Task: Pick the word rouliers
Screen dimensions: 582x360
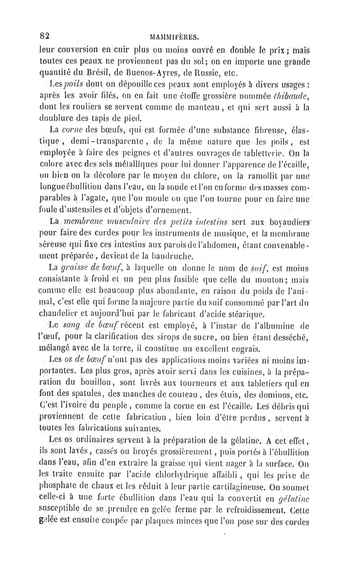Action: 82,107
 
